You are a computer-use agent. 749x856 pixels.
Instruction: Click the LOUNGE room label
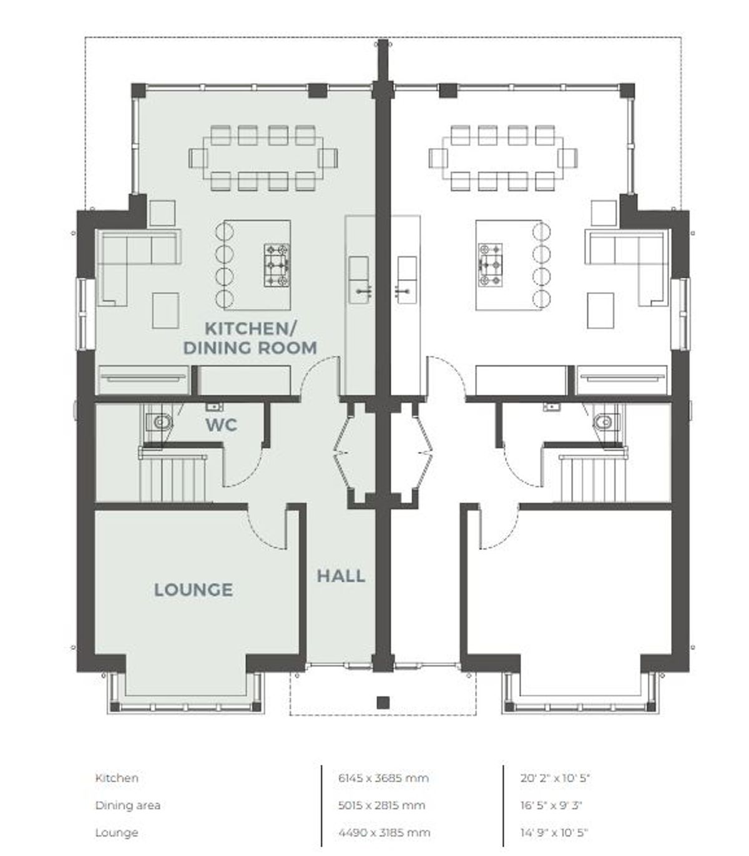pyautogui.click(x=193, y=590)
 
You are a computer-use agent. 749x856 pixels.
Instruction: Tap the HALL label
pyautogui.click(x=341, y=576)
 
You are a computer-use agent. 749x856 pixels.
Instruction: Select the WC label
pyautogui.click(x=221, y=425)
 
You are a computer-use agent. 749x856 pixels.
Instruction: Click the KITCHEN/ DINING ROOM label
pyautogui.click(x=250, y=338)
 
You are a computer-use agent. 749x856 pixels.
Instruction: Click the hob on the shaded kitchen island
pyautogui.click(x=277, y=266)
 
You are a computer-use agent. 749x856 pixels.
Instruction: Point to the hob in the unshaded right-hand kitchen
pyautogui.click(x=490, y=265)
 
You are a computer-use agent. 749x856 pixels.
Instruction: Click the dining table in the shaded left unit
pyautogui.click(x=263, y=158)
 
